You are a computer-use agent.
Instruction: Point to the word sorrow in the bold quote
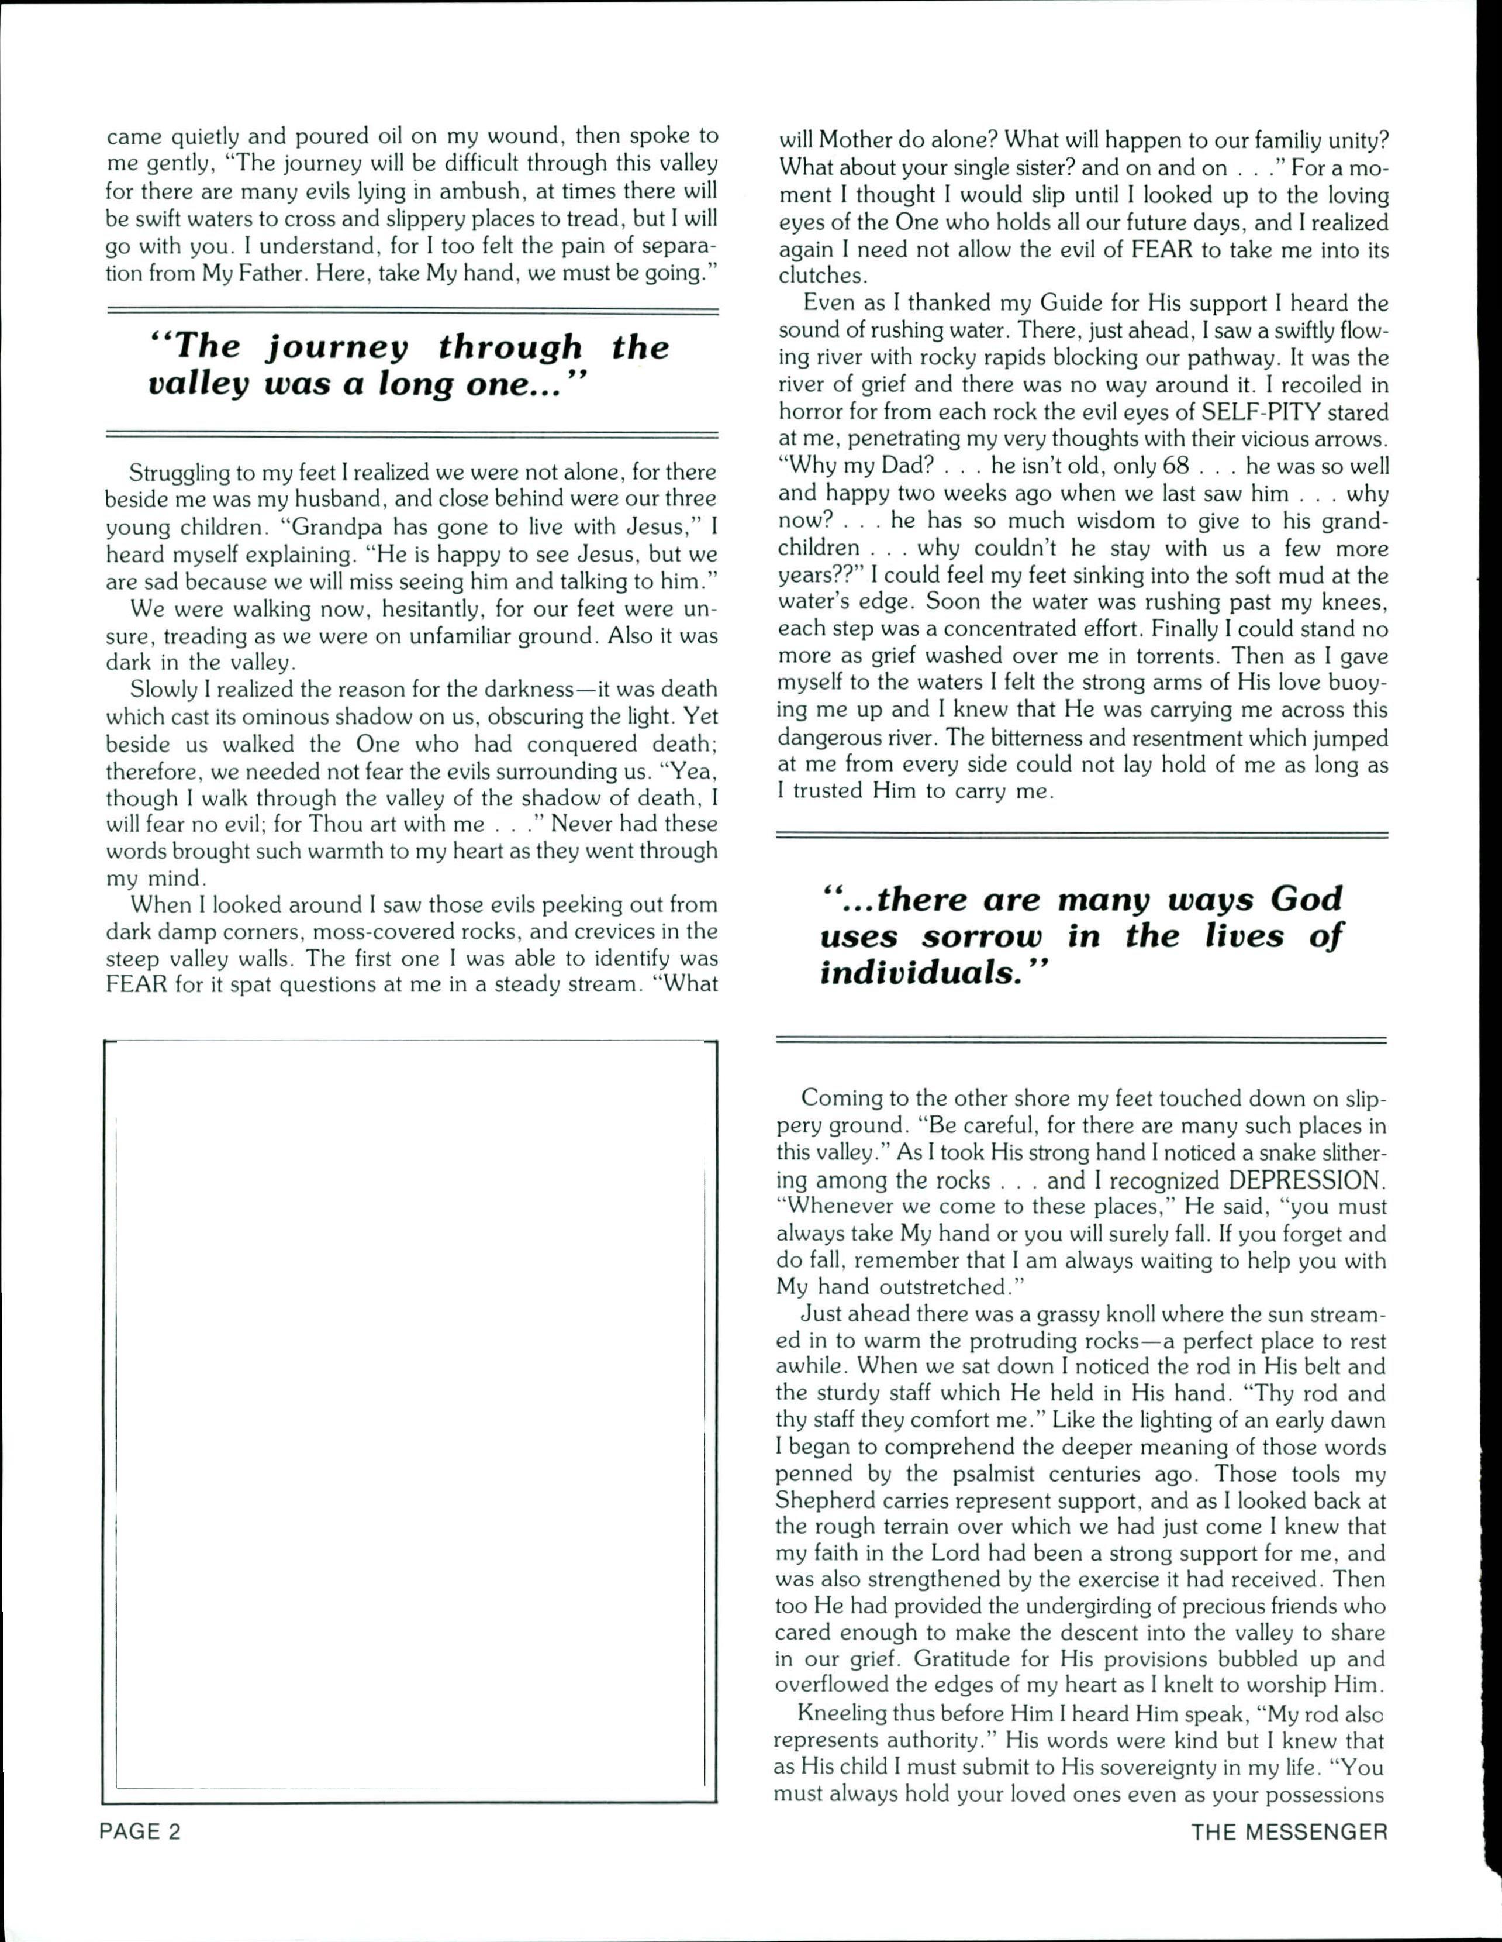click(x=971, y=936)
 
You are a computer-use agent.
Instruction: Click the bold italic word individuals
click(x=918, y=975)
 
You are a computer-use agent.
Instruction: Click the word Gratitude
click(x=971, y=1660)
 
